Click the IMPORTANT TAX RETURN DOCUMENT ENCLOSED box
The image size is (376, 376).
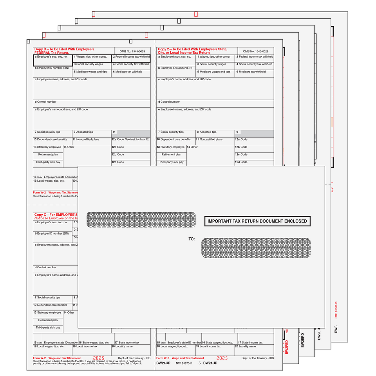(x=257, y=221)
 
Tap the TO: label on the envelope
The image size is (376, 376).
(x=192, y=239)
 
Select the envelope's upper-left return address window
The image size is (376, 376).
(x=141, y=220)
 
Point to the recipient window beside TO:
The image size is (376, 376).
(x=256, y=248)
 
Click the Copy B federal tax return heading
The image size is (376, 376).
(x=64, y=51)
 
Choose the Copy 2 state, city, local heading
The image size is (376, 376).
(x=192, y=51)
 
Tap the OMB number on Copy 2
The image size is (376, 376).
(x=255, y=51)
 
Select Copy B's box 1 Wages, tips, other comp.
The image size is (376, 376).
(x=92, y=57)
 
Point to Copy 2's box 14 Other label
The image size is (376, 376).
(x=192, y=147)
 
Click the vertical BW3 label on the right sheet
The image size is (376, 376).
(x=336, y=329)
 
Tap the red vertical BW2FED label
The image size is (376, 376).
(x=287, y=347)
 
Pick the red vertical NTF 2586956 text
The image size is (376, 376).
(x=336, y=309)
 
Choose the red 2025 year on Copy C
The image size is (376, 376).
(x=98, y=358)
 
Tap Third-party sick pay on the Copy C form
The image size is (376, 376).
(x=48, y=327)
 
